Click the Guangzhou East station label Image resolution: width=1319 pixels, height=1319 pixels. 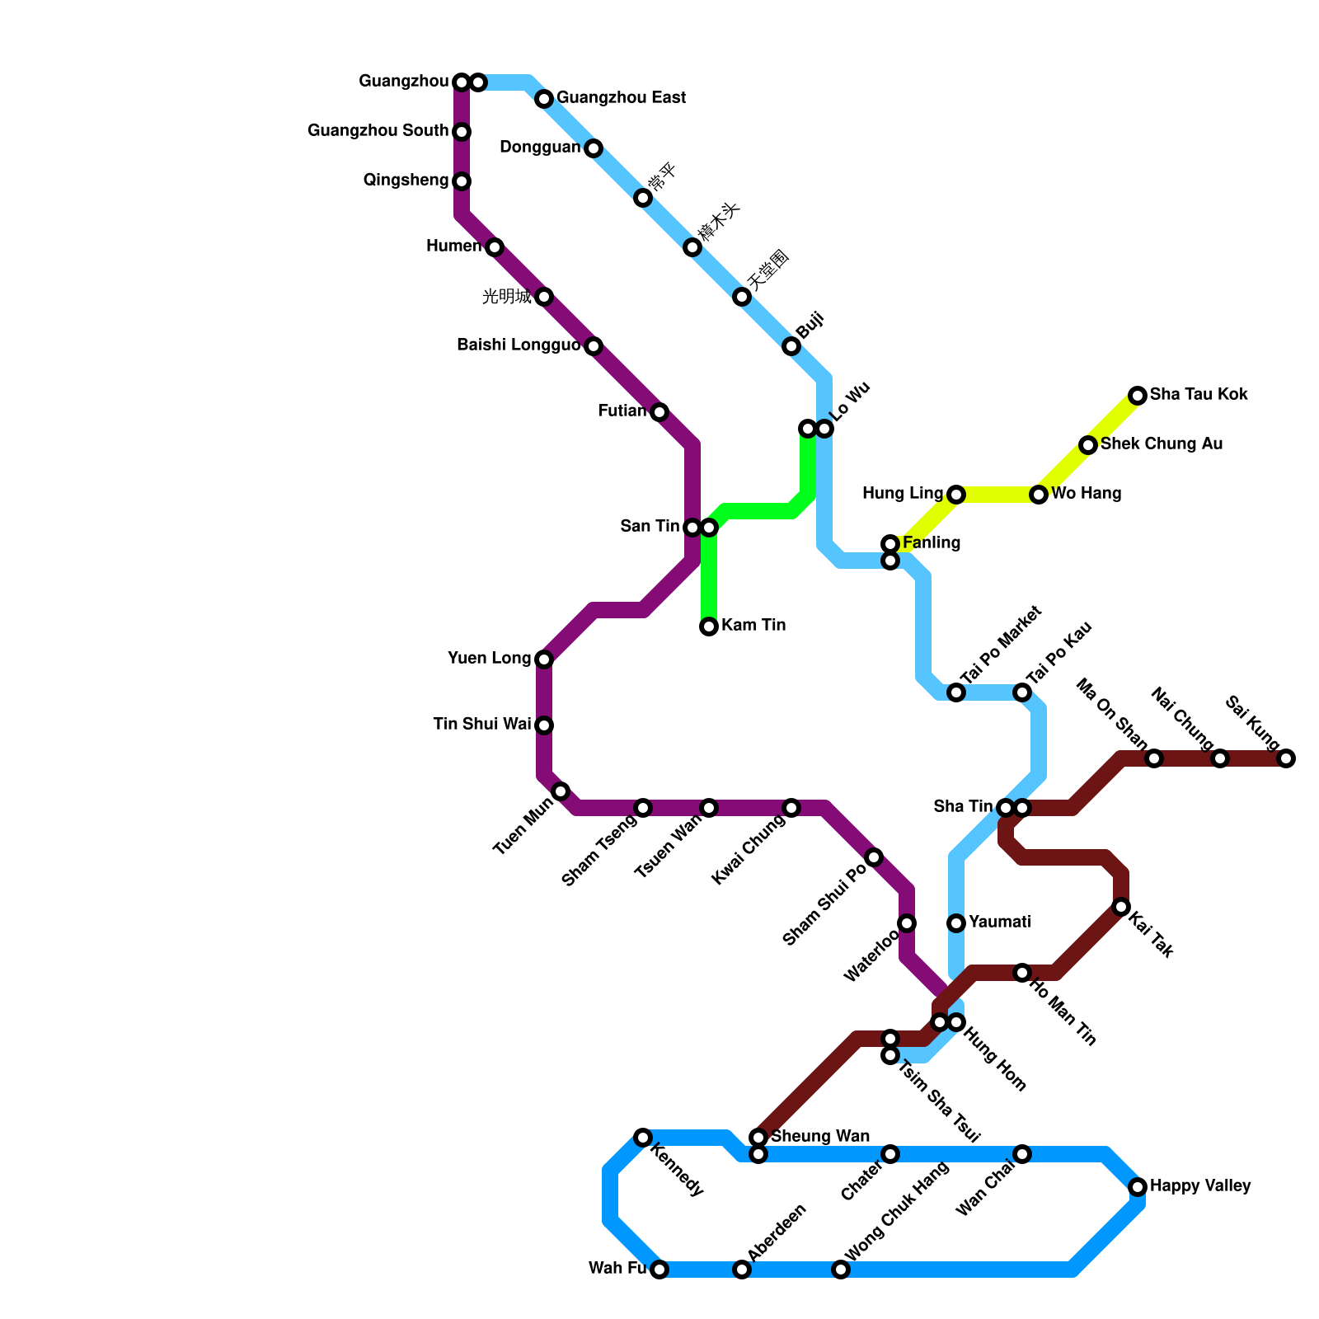tap(621, 98)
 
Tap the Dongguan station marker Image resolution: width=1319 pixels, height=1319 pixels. tap(594, 148)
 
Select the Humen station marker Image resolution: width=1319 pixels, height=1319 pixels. tap(495, 247)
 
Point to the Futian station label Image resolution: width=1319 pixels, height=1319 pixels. tap(622, 411)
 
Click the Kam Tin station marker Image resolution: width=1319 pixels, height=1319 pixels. tap(709, 627)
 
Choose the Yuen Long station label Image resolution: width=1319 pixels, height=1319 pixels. tap(489, 659)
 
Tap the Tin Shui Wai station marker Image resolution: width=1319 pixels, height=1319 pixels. tap(544, 725)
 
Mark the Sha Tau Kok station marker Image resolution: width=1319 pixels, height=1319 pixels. tap(1138, 396)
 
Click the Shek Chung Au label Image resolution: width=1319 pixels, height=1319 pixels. tap(1162, 444)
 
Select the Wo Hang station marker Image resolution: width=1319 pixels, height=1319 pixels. tap(1039, 495)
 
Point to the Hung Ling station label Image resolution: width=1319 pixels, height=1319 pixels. tap(902, 494)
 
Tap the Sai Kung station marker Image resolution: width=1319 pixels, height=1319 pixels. tap(1286, 758)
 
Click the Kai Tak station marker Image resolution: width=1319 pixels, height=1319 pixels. tap(1121, 907)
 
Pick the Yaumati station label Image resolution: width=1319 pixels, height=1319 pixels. tap(999, 922)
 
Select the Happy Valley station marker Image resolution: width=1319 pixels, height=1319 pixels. tap(1138, 1187)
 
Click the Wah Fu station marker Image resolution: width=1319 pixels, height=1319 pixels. tap(659, 1270)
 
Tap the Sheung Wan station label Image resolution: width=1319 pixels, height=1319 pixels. tap(819, 1137)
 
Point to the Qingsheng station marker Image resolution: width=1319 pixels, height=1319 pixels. tap(462, 181)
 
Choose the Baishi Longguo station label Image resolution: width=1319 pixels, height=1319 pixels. tap(519, 345)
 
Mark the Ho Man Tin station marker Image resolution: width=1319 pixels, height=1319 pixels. tap(1022, 973)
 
